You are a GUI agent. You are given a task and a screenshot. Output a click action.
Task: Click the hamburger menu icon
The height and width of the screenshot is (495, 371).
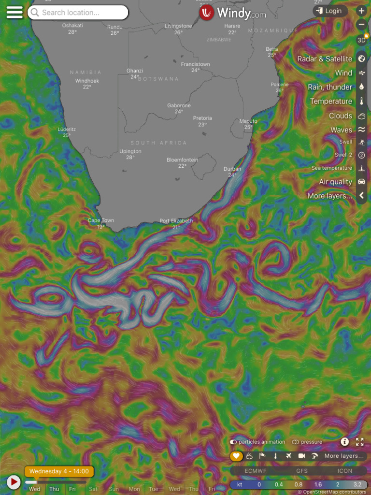14,13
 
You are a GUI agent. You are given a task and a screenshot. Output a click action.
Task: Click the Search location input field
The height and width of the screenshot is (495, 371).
78,13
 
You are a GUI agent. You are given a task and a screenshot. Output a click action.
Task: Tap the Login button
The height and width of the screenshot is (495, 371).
329,11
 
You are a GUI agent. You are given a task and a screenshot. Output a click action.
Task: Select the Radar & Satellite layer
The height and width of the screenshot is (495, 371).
325,59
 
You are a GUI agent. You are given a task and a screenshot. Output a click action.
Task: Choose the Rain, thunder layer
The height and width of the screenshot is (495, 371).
330,87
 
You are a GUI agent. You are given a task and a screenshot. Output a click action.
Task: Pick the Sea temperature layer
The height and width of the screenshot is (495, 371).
331,168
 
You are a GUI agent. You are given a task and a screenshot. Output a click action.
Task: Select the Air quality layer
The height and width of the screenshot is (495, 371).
335,182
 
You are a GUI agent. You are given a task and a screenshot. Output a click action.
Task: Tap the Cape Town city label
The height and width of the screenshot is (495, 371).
100,221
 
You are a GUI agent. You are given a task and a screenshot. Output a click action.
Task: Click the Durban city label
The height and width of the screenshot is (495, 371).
232,169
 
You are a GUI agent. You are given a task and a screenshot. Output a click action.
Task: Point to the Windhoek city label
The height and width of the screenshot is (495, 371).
87,81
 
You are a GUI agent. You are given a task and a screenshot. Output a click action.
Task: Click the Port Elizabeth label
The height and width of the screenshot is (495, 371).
176,221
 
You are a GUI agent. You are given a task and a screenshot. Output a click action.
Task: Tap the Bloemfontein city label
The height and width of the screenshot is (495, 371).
182,160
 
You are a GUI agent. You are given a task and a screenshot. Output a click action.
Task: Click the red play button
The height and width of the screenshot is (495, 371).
14,481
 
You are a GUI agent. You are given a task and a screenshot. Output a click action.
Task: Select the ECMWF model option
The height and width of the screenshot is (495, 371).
255,470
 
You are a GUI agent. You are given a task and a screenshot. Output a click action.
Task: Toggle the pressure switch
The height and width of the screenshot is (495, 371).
295,442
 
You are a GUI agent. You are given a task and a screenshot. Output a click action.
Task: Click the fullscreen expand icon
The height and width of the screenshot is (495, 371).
359,441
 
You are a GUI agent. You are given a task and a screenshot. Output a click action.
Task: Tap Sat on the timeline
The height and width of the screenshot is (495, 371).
93,489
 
